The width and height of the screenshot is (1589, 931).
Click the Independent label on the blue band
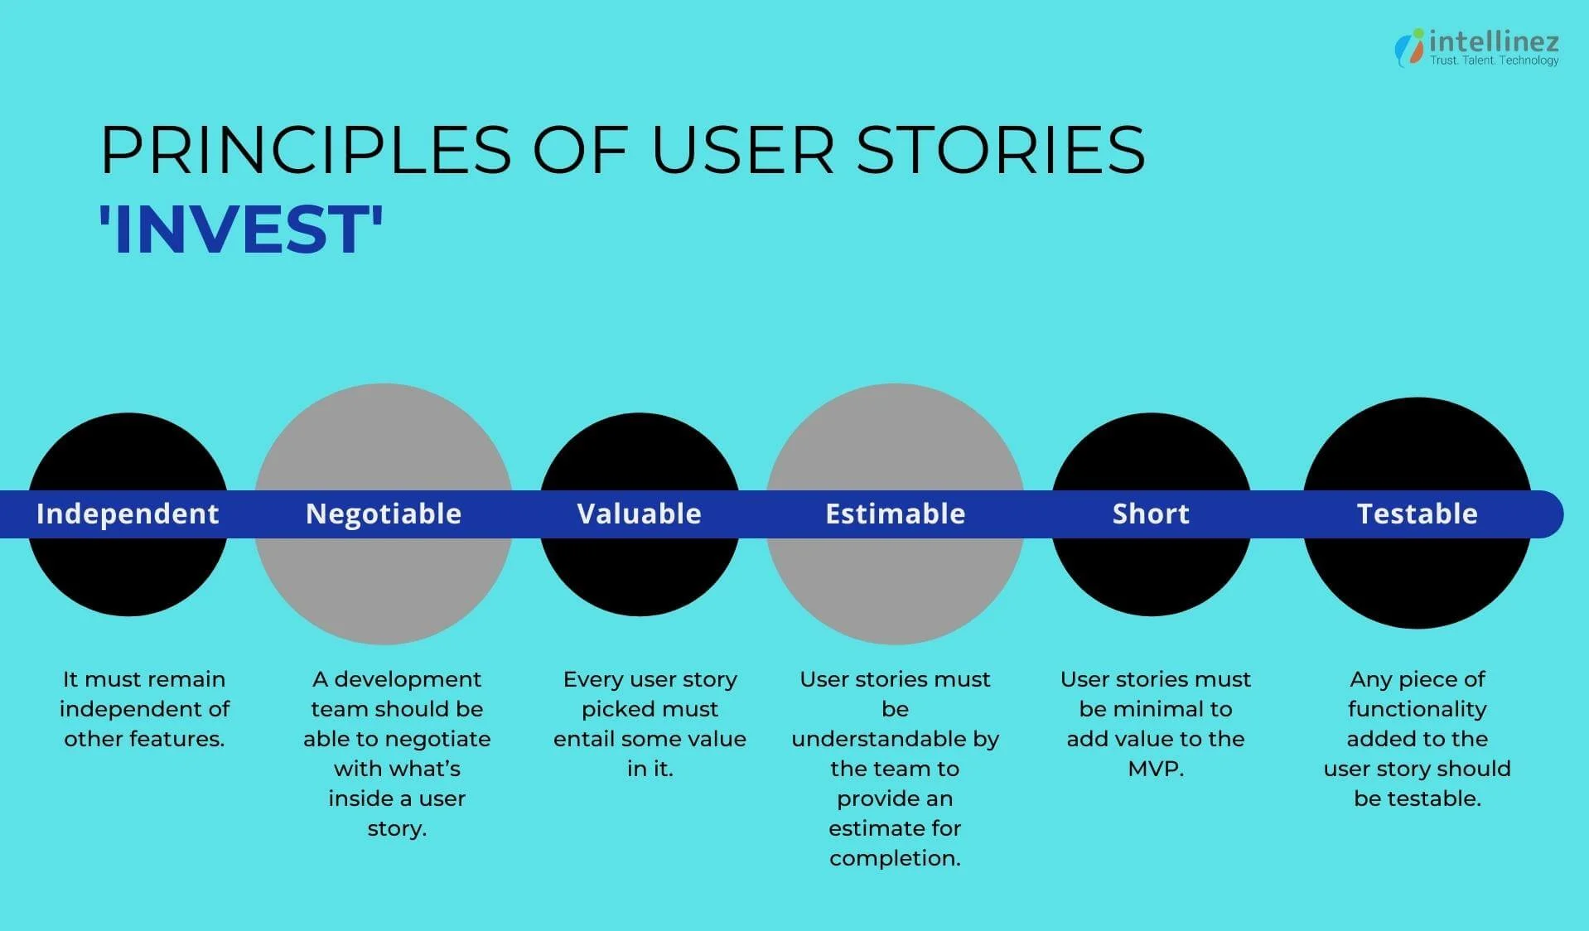coord(128,514)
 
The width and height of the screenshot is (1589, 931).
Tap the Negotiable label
coord(384,514)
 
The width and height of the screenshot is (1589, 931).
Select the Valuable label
coord(639,514)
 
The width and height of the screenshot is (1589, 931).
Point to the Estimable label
coord(895,514)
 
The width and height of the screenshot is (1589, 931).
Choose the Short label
coord(1151,514)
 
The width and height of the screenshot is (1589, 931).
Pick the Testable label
coord(1417,514)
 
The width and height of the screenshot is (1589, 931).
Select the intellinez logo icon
coord(1408,47)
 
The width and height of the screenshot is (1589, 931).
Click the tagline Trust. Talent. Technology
coord(1494,60)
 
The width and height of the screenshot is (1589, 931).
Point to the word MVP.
coord(1155,769)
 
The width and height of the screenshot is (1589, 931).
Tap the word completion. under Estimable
coord(895,858)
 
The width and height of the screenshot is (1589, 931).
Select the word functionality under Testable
coord(1417,709)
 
